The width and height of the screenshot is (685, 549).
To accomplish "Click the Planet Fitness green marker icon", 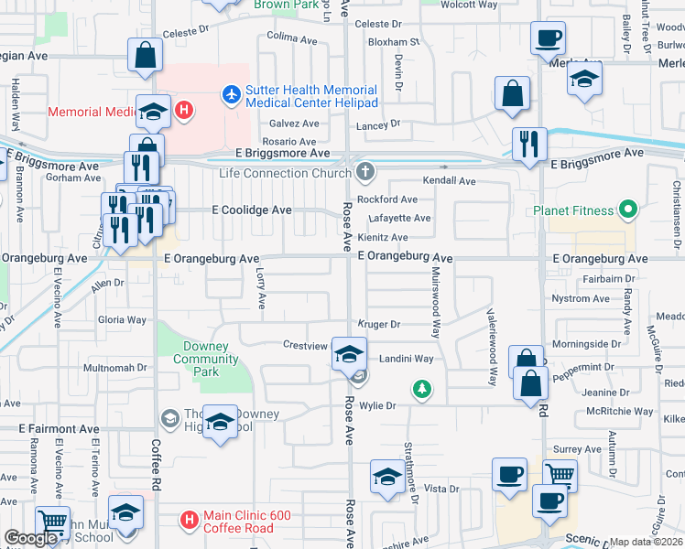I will coord(628,210).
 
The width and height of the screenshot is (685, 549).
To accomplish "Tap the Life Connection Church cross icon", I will coord(365,171).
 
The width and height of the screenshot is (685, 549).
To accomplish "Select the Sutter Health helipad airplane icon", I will coord(231,93).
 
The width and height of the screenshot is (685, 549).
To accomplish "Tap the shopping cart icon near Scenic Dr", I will coord(560,475).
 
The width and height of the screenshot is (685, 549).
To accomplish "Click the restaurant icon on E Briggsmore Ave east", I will coord(530,144).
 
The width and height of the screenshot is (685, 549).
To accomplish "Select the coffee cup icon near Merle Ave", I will coord(548,38).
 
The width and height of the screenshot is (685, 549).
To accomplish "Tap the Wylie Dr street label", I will coord(376,405).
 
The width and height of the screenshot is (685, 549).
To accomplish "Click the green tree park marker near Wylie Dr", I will coord(421,390).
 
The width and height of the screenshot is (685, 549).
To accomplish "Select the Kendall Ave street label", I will coord(451,181).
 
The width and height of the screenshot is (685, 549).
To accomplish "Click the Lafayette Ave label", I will coord(399,218).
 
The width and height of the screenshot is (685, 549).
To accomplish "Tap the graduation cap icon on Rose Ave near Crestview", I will coord(349,353).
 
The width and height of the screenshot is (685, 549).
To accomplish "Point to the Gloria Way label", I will coord(122,320).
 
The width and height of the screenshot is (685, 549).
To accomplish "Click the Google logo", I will coord(31,538).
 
